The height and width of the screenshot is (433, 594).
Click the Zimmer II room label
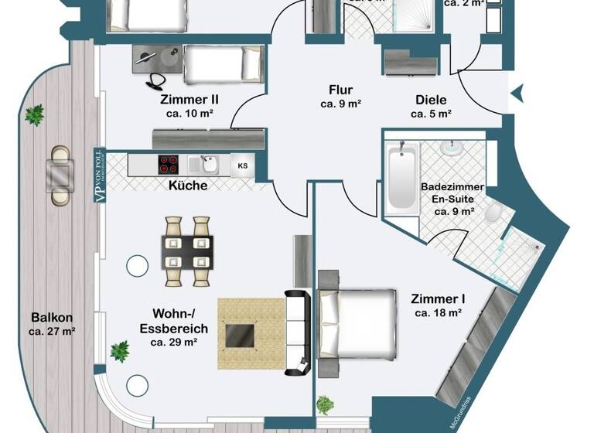tap(189, 99)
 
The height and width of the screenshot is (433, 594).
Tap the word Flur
tap(340, 89)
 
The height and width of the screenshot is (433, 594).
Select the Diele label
tap(431, 99)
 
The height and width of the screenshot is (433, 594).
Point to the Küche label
tap(187, 186)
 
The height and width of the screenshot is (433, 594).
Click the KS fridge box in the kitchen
tap(243, 165)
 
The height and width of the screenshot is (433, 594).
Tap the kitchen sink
tap(207, 164)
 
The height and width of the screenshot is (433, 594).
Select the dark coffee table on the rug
tap(239, 334)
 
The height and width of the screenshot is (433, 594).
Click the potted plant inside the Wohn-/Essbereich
tap(120, 352)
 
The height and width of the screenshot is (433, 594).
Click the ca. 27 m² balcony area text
tap(53, 332)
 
